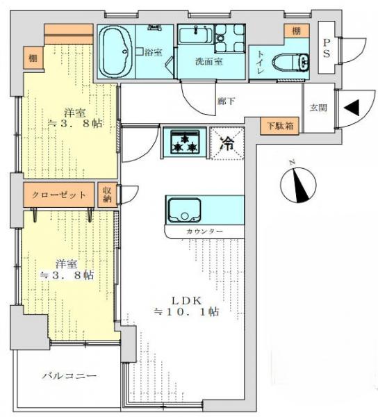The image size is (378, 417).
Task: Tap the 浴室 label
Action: [x=154, y=51]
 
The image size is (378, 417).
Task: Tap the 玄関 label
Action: [x=318, y=108]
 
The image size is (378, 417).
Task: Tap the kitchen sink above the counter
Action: [x=183, y=208]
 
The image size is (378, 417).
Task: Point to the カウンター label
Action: [x=204, y=230]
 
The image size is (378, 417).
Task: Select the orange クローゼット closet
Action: [x=59, y=195]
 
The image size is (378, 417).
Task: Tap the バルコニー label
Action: [x=68, y=375]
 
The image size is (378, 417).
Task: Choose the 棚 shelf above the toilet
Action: [x=296, y=31]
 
